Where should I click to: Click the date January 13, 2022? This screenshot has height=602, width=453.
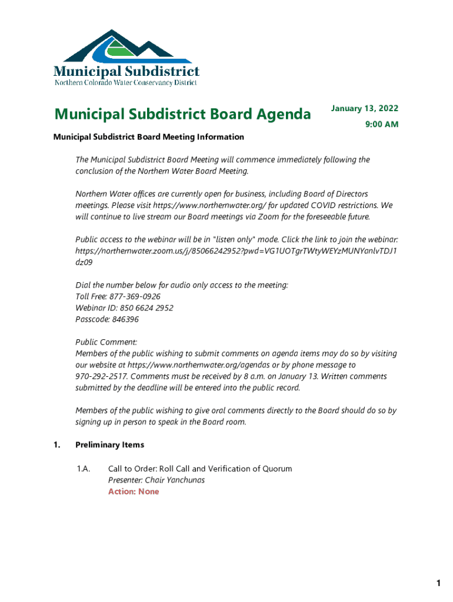364,108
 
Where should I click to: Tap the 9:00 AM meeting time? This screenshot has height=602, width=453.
381,124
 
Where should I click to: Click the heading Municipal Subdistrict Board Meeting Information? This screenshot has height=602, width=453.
148,137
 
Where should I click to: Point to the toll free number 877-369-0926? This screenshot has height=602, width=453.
135,296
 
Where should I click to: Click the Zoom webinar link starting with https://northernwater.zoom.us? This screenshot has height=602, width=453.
235,251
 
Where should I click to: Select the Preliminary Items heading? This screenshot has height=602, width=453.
109,445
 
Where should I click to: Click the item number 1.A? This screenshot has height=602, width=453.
83,469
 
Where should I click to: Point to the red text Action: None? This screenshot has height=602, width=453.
134,491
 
